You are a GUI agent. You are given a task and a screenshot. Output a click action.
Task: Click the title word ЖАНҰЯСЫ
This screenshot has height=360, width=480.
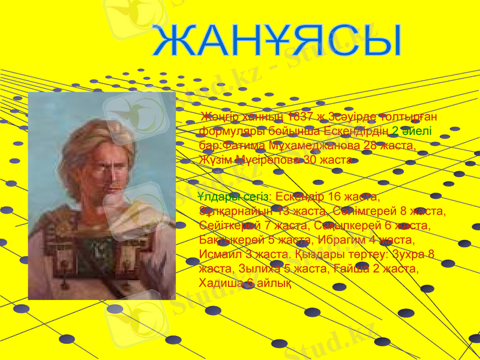277,43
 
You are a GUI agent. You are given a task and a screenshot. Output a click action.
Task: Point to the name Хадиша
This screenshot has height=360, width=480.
220,283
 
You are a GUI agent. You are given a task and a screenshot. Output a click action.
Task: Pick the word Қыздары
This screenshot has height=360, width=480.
314,254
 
